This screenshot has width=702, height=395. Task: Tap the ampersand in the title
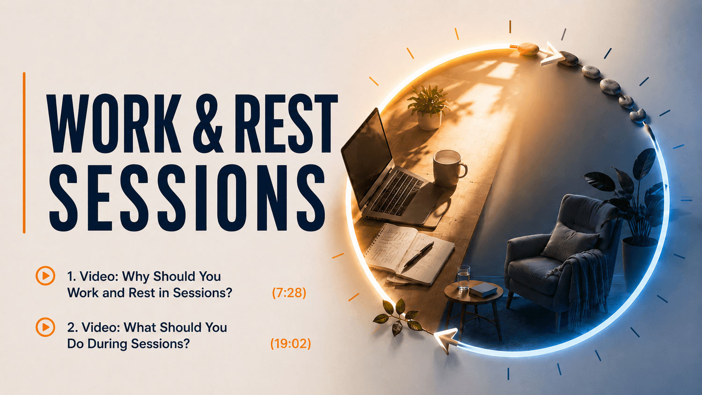point(208,124)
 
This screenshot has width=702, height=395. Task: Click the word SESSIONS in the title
point(187,198)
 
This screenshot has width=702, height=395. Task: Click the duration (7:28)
point(289,293)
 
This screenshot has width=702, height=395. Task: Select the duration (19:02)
point(291,344)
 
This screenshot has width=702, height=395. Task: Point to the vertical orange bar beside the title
point(24,153)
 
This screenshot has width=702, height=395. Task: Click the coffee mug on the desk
point(449,168)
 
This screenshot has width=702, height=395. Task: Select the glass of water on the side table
point(463,277)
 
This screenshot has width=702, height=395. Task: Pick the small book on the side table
point(483,289)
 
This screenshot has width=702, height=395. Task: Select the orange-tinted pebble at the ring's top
point(528,49)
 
